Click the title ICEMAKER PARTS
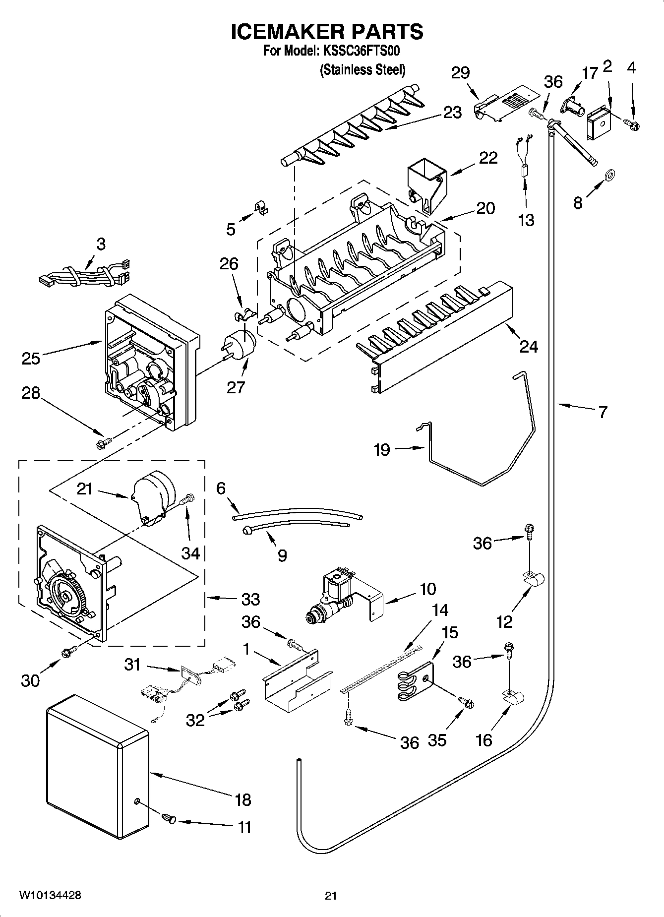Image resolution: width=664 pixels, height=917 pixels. tap(327, 32)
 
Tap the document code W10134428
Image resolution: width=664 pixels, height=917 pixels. tap(50, 895)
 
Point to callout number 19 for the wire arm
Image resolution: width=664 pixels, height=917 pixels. tap(382, 449)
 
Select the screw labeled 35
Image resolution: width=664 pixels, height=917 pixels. tap(466, 702)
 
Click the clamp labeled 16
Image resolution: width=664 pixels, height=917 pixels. tap(514, 700)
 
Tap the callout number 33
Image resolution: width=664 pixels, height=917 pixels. tap(250, 599)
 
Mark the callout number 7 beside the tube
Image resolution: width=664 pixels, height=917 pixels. tap(602, 412)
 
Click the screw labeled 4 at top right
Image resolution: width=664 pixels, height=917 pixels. tap(632, 122)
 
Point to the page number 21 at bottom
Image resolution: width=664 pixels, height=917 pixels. tap(331, 896)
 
